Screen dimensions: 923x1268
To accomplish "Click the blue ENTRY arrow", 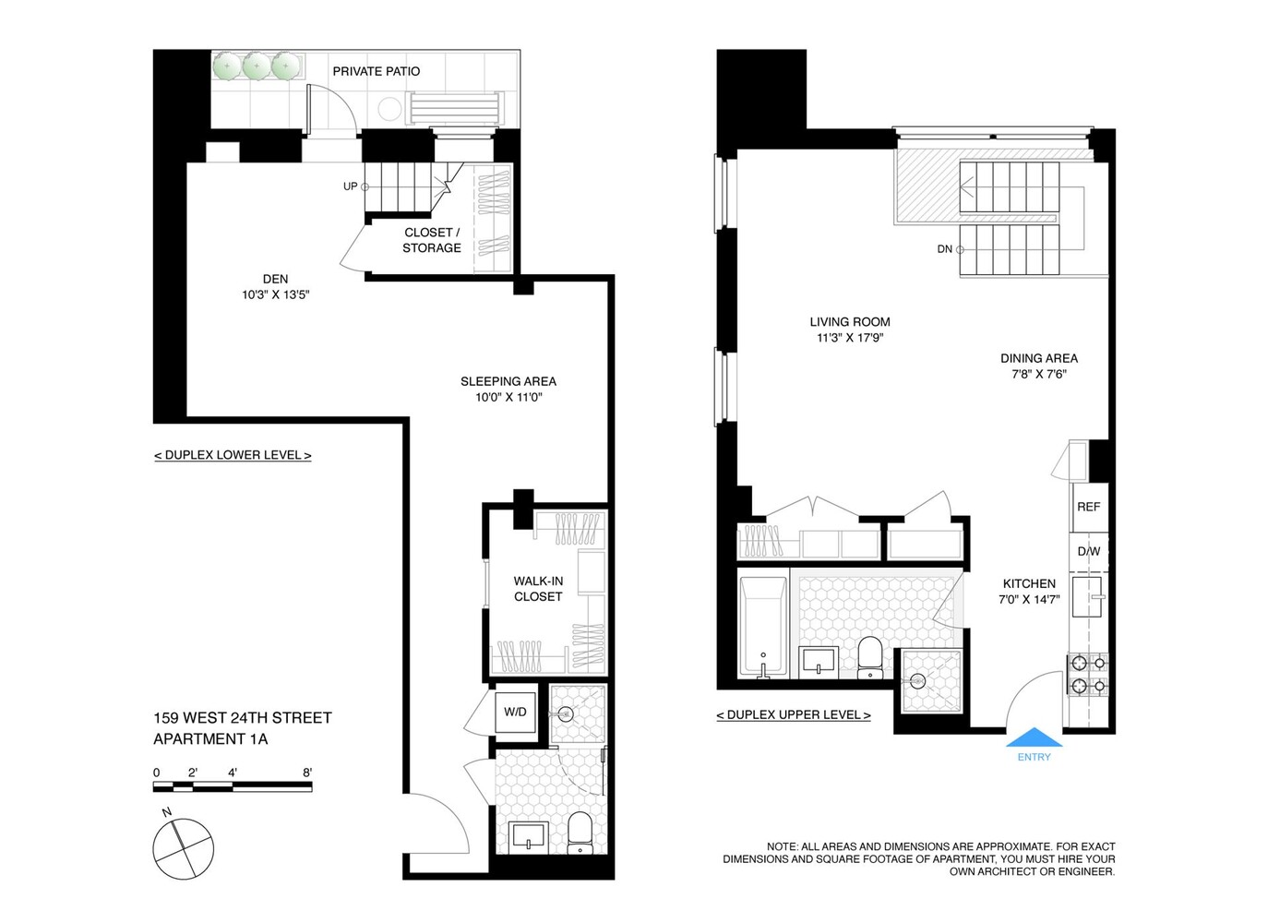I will [1033, 737].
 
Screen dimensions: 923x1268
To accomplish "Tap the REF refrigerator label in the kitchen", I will [1088, 507].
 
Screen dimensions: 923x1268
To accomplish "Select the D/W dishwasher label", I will [1088, 552].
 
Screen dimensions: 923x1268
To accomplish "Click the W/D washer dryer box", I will [515, 712].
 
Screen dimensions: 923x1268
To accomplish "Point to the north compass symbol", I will [183, 848].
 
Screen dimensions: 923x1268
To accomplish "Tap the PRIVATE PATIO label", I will [376, 71].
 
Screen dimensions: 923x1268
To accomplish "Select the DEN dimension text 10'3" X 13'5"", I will [275, 295].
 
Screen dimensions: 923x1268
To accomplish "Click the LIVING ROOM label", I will [849, 322].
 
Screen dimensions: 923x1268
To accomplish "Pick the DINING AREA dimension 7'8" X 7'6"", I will [1038, 375].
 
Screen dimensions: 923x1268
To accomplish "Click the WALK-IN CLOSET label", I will [538, 589].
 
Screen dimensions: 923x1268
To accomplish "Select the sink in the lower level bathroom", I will [529, 837].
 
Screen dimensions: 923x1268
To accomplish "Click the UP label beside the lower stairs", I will [350, 186].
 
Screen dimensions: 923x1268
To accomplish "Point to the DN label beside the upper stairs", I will [944, 249].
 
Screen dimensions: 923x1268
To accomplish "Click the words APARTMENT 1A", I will [210, 739].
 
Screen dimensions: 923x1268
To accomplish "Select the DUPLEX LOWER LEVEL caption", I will [233, 455].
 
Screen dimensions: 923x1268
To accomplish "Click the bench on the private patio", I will [456, 108].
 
